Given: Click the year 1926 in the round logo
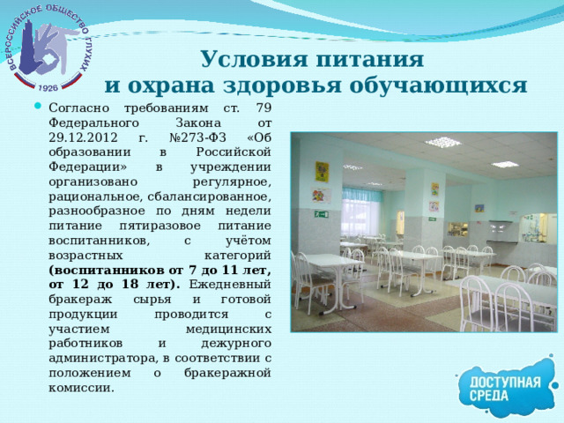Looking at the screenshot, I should click(x=48, y=88).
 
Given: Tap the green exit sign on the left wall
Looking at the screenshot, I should click(x=322, y=214).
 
